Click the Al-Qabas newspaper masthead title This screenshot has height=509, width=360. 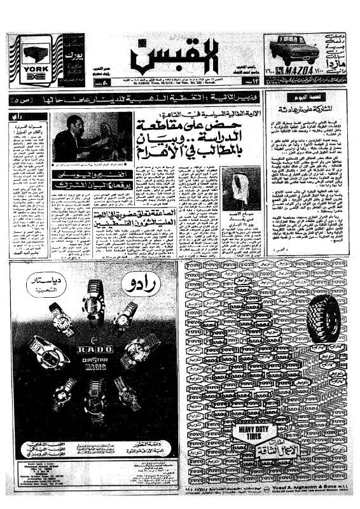(x=176, y=56)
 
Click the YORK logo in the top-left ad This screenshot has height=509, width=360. (x=29, y=69)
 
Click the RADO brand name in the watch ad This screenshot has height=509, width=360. (x=95, y=349)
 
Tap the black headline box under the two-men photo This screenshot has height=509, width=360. (x=90, y=175)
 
